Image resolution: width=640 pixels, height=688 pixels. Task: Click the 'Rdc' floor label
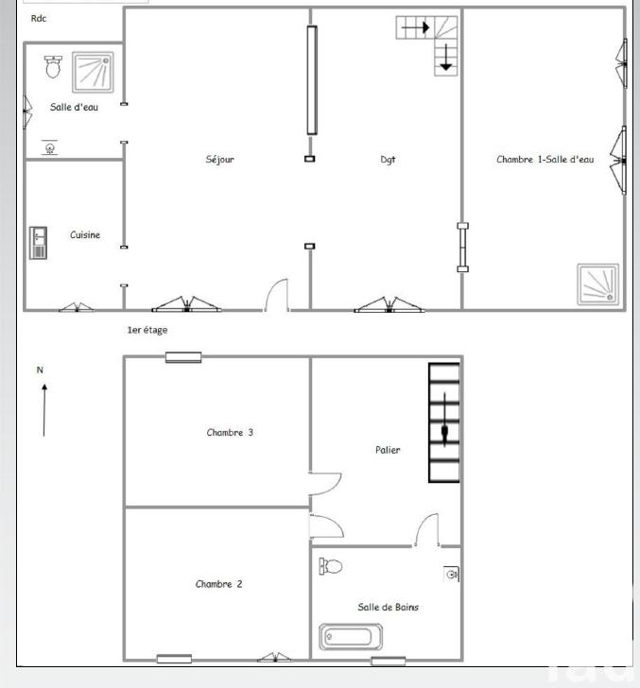coord(39,18)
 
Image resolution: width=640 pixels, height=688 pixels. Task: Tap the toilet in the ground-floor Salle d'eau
coord(53,66)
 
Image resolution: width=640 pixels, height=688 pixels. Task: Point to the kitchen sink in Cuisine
coord(38,242)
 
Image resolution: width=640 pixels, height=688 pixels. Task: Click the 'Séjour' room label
coord(219,160)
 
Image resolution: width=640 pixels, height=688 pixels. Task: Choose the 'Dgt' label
coord(388,160)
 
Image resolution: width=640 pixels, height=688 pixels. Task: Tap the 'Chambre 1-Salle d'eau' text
coord(545,160)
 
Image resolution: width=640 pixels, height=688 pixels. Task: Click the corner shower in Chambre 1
coord(599,284)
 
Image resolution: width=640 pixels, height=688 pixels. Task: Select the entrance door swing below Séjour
coord(277,296)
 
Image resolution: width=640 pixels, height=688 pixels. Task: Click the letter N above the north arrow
coord(40,370)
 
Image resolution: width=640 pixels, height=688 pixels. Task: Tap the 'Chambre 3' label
coord(230,433)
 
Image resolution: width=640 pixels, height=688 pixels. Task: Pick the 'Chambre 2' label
coord(218,584)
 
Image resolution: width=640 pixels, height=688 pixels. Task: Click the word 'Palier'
coord(388,450)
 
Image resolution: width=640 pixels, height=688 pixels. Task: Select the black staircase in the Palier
coord(444,422)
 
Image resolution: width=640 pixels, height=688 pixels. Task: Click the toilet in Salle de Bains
coord(331,566)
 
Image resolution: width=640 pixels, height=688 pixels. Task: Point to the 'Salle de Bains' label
coord(388,608)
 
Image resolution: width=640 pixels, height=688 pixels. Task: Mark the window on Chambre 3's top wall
coord(182,357)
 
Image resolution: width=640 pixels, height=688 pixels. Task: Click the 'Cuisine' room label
coord(85,235)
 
